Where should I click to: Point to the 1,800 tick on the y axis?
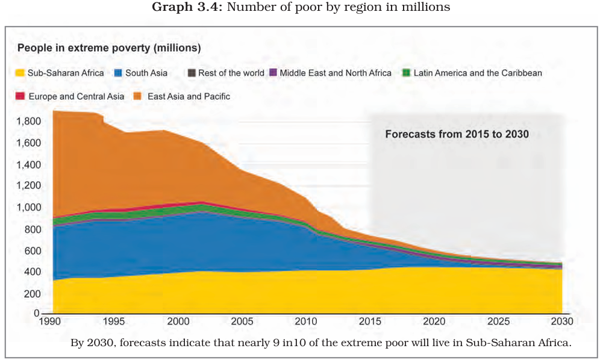[x=29, y=122]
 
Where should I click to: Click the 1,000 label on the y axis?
[x=29, y=208]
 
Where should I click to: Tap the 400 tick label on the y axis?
[x=33, y=272]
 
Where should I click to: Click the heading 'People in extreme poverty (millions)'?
[x=109, y=48]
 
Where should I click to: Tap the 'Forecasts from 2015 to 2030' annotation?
[x=457, y=134]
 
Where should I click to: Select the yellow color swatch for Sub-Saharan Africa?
[x=20, y=73]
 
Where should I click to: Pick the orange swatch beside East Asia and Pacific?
[x=137, y=96]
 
